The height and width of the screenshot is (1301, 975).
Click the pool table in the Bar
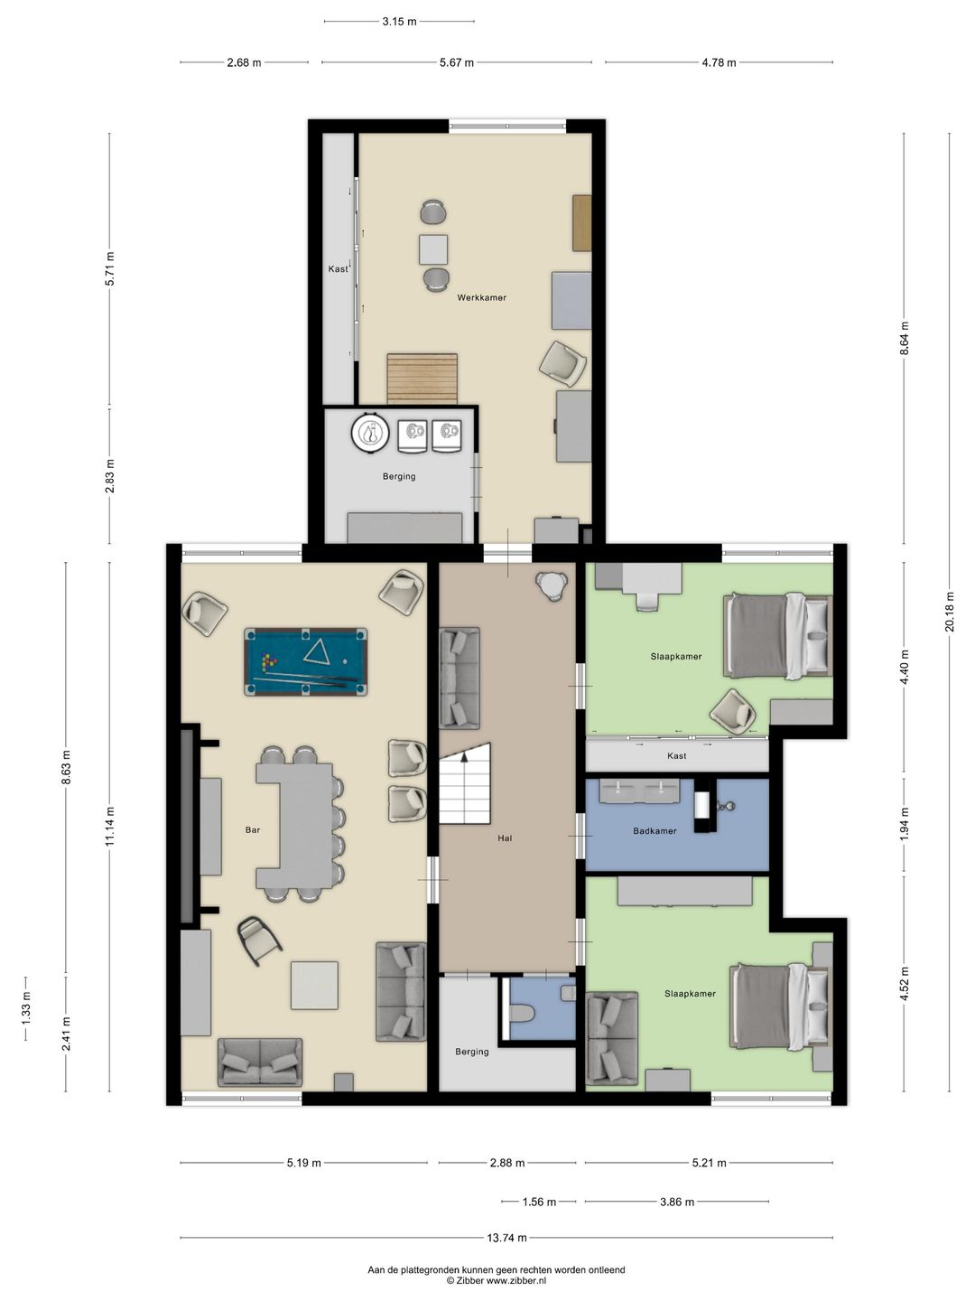305,661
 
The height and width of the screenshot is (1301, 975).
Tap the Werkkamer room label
481,297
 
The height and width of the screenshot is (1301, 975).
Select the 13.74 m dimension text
506,1238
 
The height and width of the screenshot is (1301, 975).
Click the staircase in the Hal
465,783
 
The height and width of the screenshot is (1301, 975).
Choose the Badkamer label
655,831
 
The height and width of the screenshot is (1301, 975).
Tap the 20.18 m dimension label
950,612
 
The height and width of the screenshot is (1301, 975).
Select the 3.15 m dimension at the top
399,22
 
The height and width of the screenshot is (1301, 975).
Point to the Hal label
505,838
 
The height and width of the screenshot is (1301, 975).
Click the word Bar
253,829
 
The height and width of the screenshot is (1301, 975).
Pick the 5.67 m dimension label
457,62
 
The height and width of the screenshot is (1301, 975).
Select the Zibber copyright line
497,1281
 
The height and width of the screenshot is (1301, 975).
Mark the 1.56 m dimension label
539,1202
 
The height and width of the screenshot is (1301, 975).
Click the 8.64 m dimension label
904,338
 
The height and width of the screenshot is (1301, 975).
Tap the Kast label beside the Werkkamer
338,269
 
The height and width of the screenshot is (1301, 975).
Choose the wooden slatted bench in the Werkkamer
422,379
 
